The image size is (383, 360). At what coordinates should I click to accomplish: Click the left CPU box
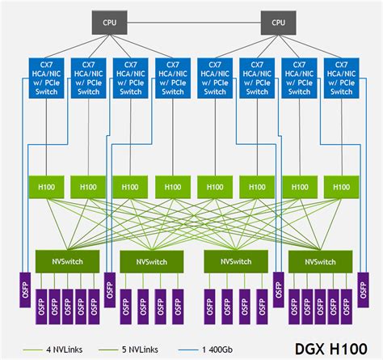click(x=109, y=22)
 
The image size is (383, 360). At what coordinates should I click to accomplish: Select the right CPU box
click(x=278, y=22)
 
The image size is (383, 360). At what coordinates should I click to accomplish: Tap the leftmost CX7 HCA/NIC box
click(x=47, y=77)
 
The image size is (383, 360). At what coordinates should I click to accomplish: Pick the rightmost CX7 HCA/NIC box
click(x=342, y=77)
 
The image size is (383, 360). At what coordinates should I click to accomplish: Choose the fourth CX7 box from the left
click(x=172, y=77)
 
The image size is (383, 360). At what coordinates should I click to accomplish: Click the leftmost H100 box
click(x=47, y=186)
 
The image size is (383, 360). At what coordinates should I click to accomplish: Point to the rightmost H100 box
click(x=342, y=186)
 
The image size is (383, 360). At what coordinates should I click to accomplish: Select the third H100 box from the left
click(x=130, y=186)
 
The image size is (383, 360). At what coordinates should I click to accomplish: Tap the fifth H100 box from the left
click(x=215, y=186)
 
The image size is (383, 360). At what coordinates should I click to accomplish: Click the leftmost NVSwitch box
click(x=67, y=261)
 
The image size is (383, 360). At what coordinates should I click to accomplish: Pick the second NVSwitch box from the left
click(x=152, y=261)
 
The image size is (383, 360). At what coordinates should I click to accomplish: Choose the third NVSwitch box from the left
click(x=236, y=261)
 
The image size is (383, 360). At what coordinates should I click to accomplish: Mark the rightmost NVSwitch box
click(x=321, y=261)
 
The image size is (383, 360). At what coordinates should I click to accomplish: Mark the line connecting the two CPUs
click(x=194, y=22)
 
